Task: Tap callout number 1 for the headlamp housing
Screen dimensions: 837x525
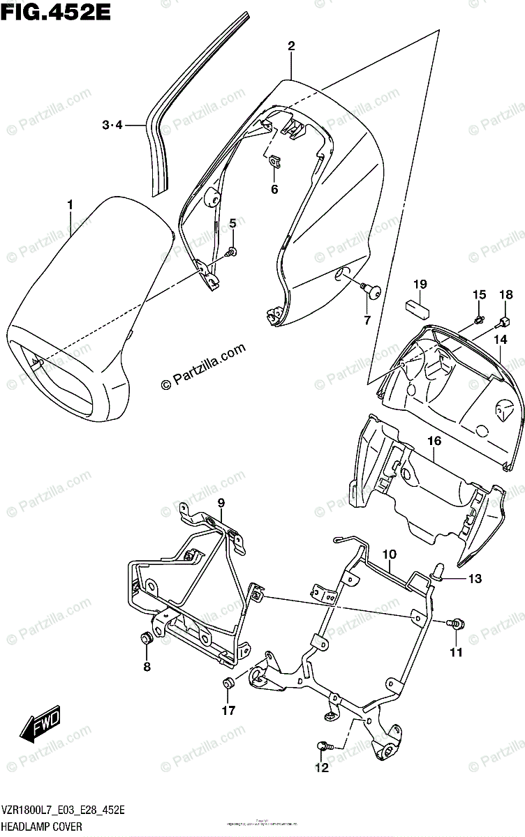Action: click(70, 204)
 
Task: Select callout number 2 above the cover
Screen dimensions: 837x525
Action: click(291, 47)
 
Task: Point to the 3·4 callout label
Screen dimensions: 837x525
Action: click(112, 125)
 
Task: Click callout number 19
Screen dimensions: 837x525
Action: click(420, 284)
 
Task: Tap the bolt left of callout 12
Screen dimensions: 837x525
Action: click(323, 746)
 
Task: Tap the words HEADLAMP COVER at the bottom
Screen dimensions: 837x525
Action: click(41, 827)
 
